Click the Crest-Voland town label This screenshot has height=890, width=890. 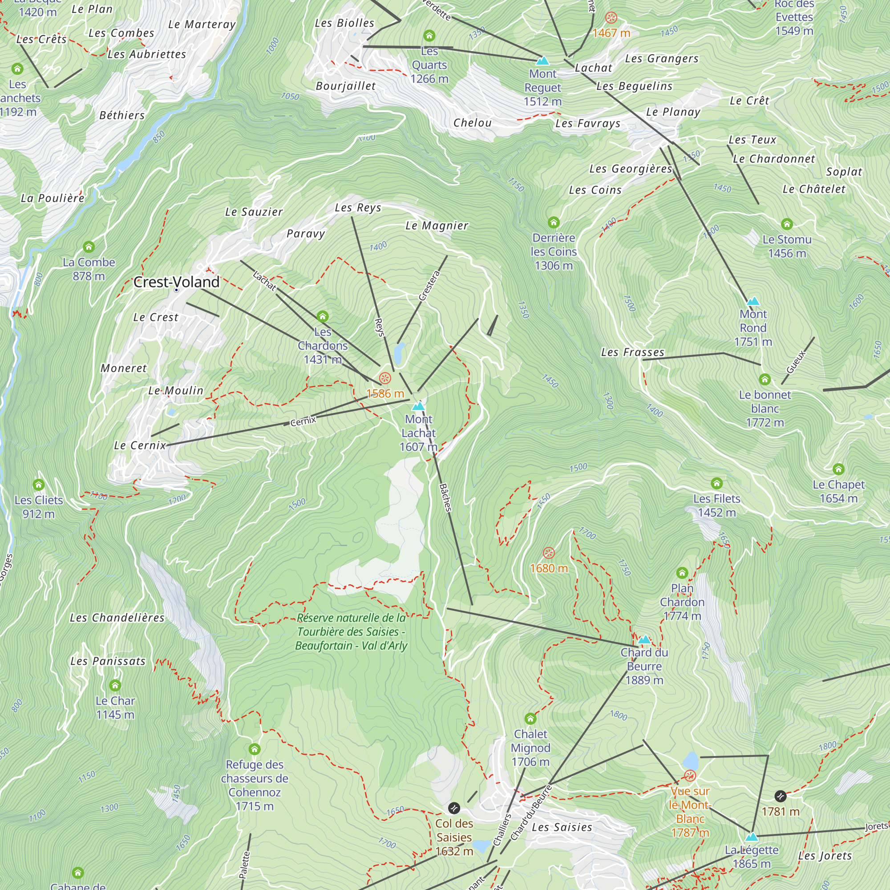[x=176, y=282]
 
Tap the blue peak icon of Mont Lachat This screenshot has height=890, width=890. [x=418, y=406]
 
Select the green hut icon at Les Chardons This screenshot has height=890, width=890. [x=323, y=316]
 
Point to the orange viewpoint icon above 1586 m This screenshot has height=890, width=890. [x=385, y=379]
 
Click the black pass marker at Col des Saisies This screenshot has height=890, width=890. [x=454, y=808]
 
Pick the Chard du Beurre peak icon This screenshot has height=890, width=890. [x=644, y=639]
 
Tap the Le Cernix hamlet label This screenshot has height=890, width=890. [x=140, y=445]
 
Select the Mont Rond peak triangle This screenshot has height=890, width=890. [x=753, y=301]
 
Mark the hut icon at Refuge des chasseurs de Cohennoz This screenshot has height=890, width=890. [x=255, y=749]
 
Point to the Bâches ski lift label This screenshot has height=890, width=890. [x=445, y=498]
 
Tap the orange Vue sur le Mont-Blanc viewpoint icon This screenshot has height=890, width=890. [x=690, y=776]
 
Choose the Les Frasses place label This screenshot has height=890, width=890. [x=632, y=352]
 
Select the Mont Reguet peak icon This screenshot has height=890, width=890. [x=542, y=61]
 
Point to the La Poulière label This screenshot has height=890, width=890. [x=53, y=198]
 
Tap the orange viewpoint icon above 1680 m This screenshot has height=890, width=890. [x=549, y=553]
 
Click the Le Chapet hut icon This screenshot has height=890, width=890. [x=838, y=469]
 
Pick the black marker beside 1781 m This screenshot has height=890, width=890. [x=781, y=796]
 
